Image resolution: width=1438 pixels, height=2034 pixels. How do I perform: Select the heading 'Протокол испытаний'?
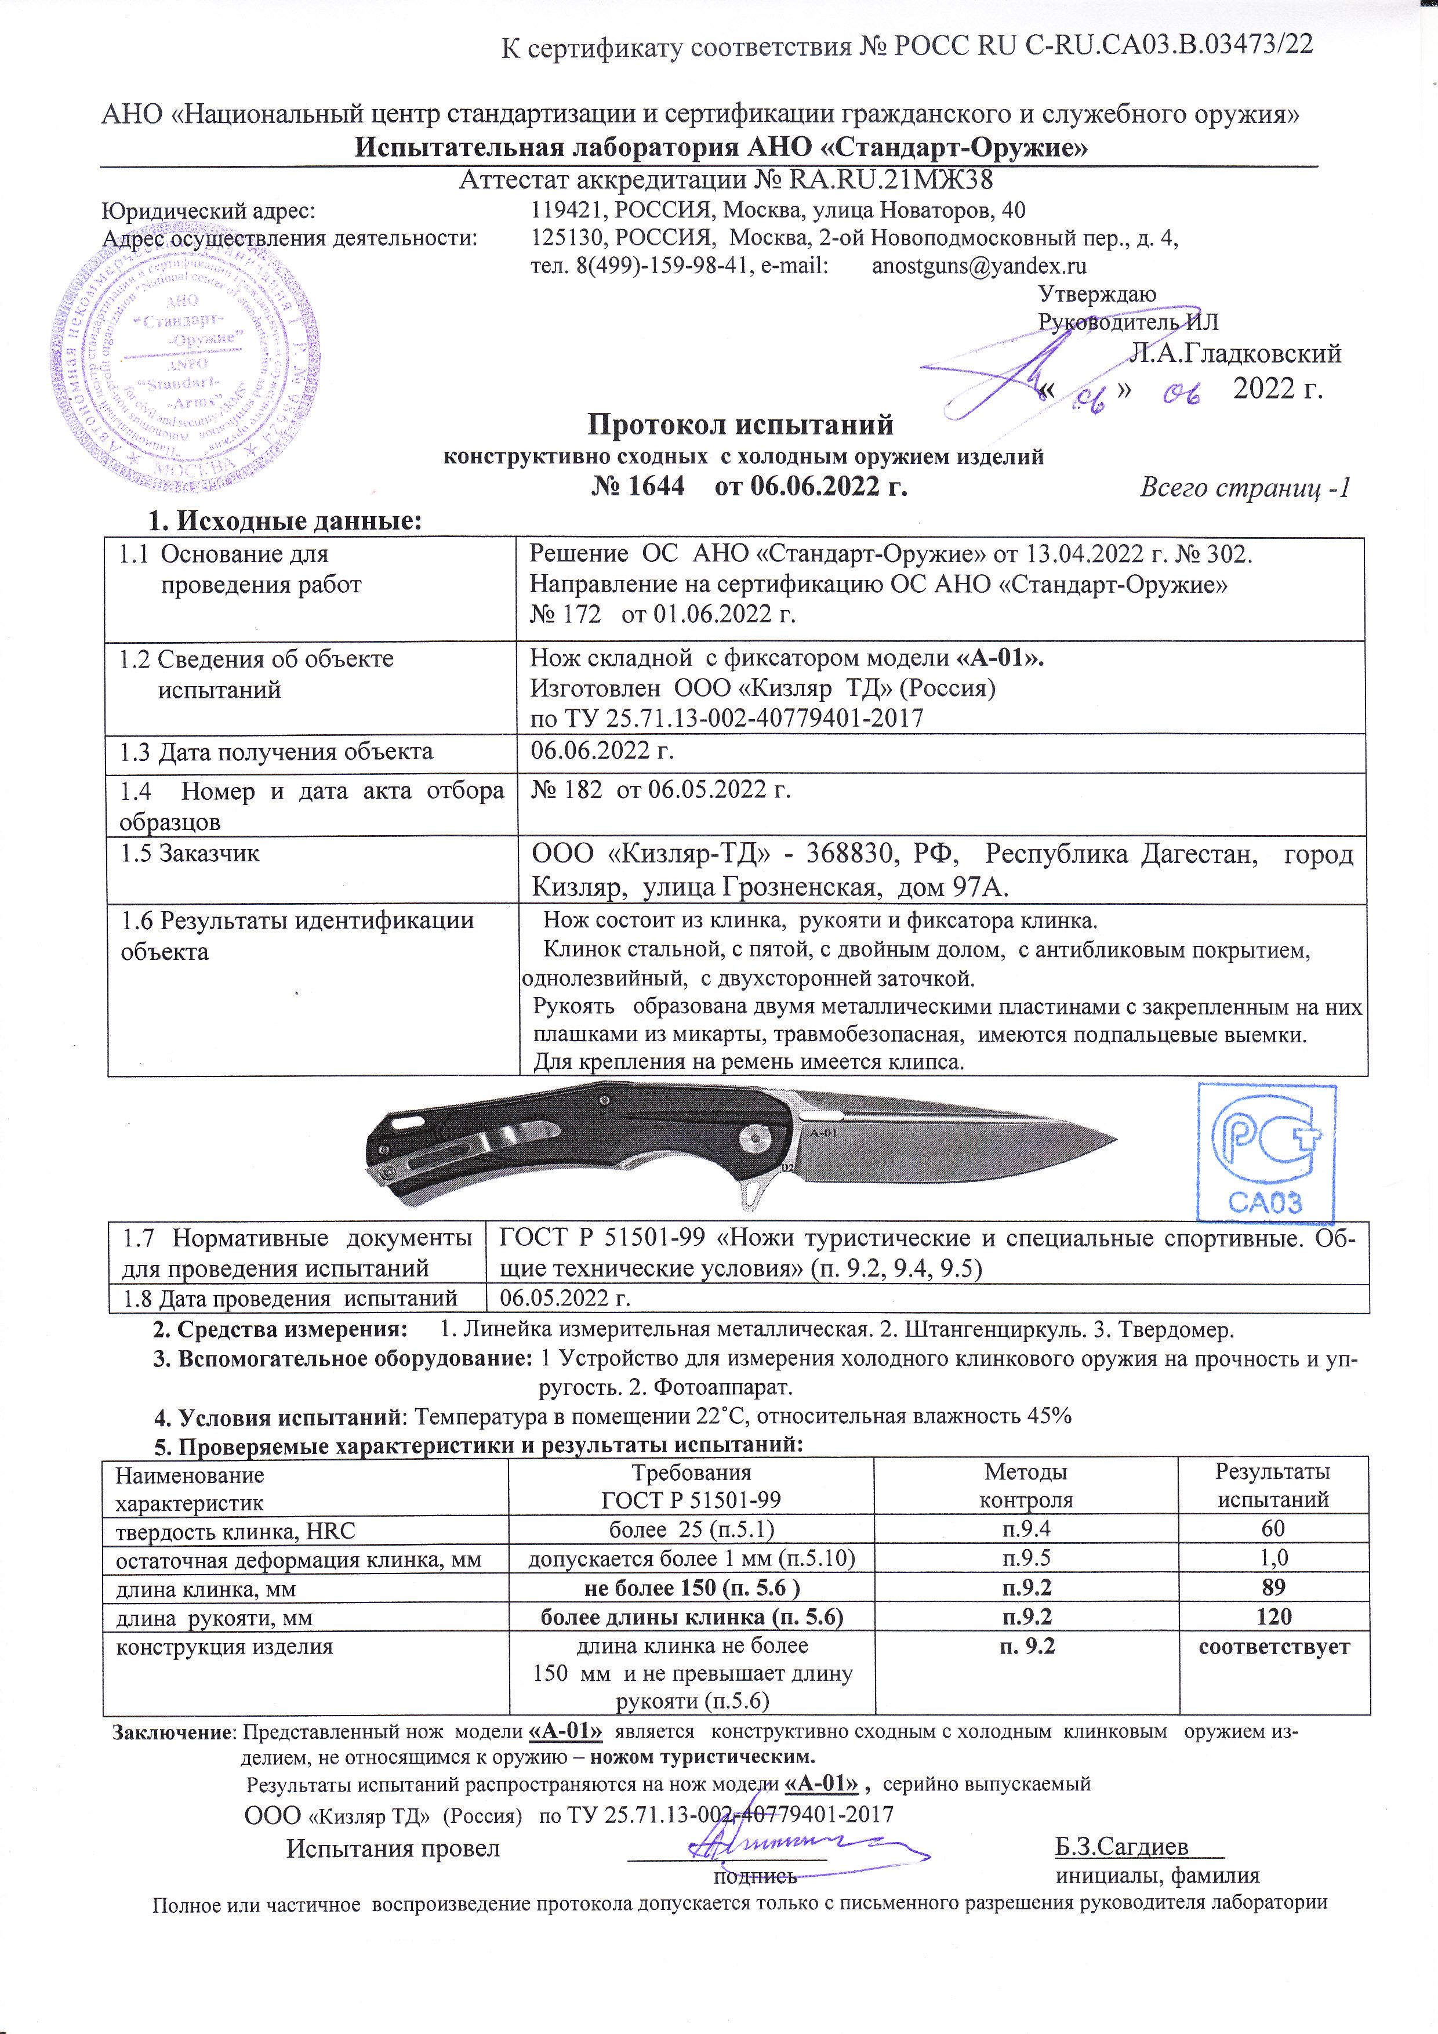(740, 425)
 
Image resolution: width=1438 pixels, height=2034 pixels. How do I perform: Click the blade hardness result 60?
(1272, 1528)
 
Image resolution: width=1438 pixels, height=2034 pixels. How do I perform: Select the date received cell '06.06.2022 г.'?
(602, 751)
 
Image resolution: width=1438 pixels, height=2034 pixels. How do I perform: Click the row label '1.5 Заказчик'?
(190, 854)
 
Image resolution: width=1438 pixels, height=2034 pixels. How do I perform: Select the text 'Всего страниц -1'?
(1244, 487)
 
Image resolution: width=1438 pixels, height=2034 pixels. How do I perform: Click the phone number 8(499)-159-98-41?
(660, 266)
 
